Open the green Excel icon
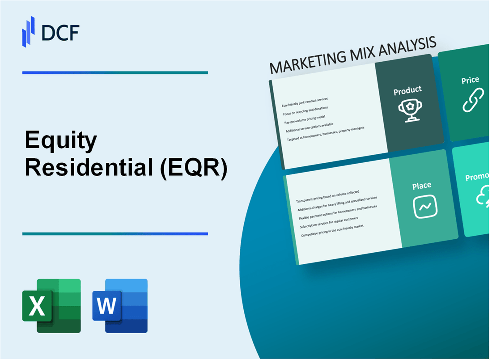tap(51, 306)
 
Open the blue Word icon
tap(120, 306)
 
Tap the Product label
tap(407, 90)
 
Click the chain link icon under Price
tap(472, 100)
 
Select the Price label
tap(470, 80)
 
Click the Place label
tap(422, 185)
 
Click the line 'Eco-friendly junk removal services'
tap(305, 102)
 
